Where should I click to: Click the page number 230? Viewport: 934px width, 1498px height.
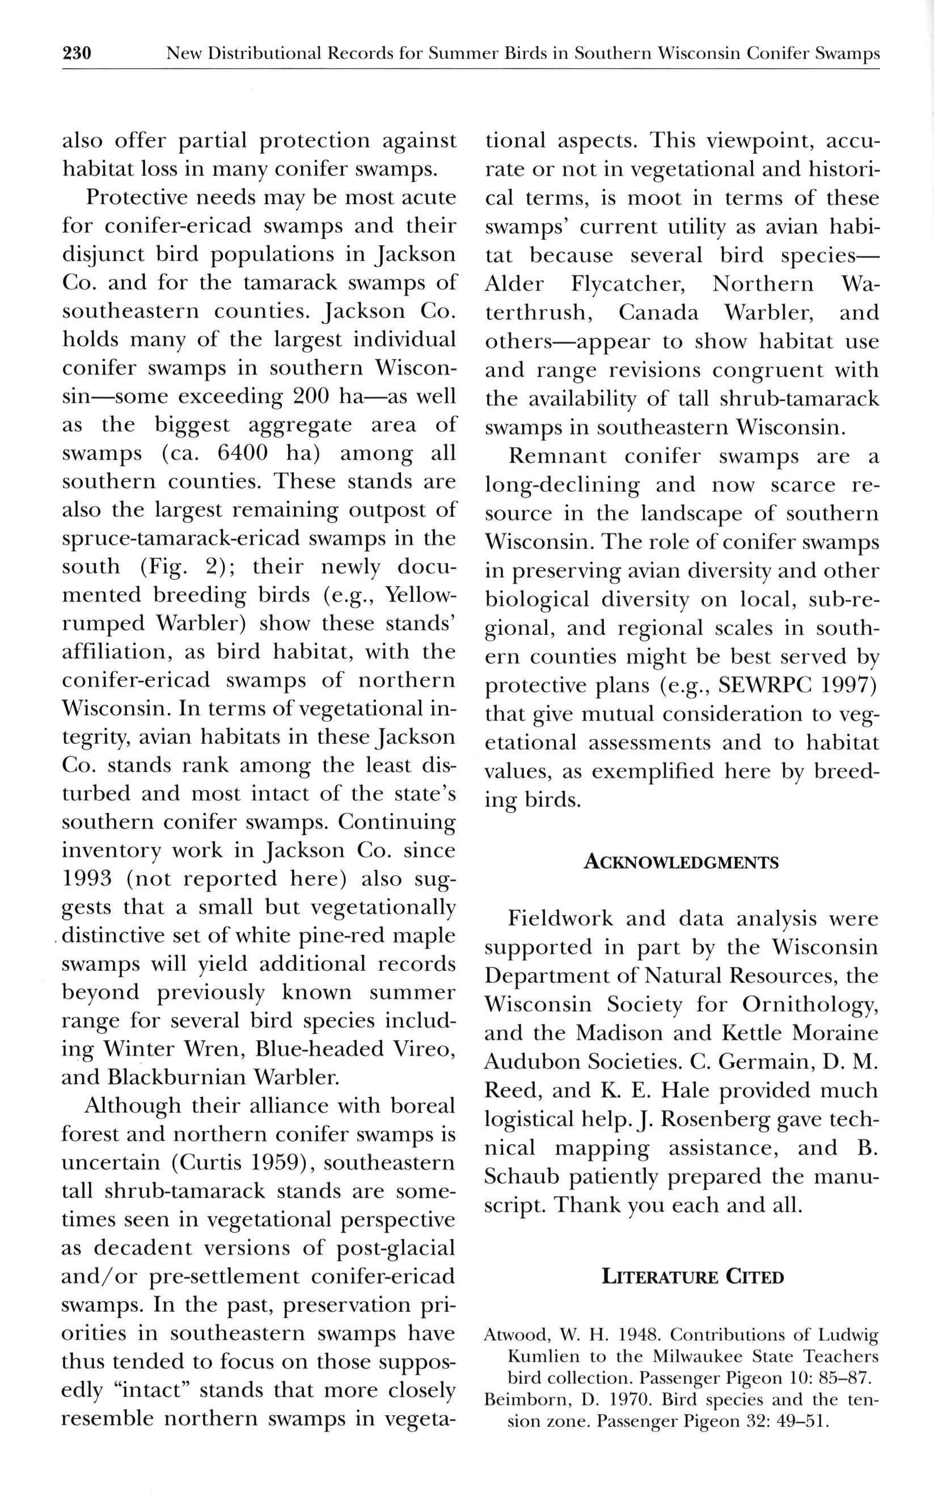pos(77,54)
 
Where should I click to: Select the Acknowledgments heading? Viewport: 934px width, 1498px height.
pos(681,862)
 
